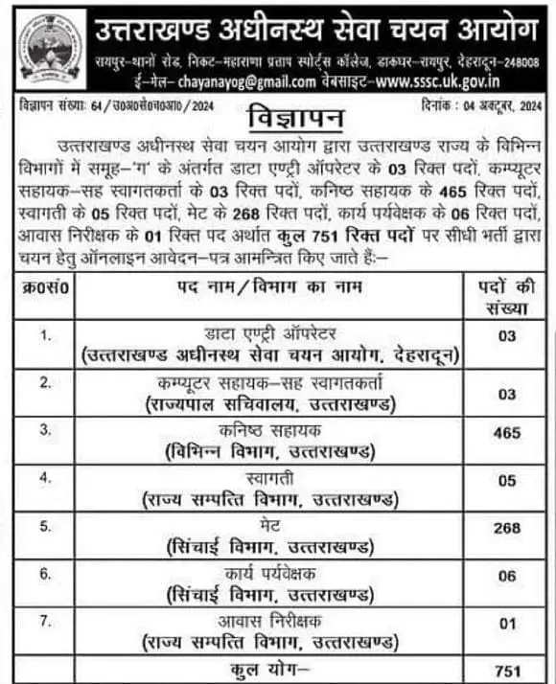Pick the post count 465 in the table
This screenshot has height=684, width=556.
(x=507, y=433)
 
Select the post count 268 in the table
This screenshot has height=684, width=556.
(x=507, y=528)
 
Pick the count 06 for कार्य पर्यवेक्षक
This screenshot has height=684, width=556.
(x=507, y=576)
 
